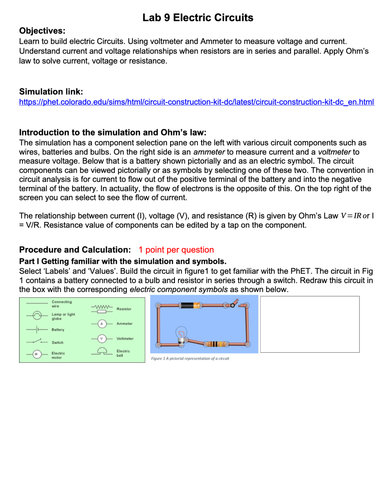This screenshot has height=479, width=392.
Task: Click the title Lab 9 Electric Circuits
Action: point(198,17)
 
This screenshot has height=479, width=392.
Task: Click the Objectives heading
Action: point(42,31)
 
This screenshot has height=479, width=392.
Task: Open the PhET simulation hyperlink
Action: point(196,102)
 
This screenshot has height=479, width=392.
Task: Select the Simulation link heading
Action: point(51,92)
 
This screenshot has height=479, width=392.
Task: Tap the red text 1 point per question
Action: point(176,250)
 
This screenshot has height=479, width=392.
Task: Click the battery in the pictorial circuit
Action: point(190,305)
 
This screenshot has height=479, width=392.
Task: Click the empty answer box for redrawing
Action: point(310,324)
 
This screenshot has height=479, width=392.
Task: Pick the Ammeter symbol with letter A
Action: point(101,324)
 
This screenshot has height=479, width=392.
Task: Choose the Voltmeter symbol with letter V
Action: point(101,338)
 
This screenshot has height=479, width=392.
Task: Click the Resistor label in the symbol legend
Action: point(124,309)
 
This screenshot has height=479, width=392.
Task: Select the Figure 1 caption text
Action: point(190,358)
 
